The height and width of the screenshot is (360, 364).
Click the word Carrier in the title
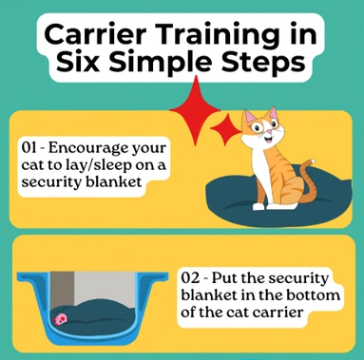(x=94, y=34)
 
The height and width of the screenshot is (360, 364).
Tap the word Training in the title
(x=216, y=36)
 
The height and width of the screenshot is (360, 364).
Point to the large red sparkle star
(x=195, y=110)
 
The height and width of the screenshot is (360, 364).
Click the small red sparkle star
(x=225, y=128)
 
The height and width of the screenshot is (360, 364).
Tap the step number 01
(x=29, y=147)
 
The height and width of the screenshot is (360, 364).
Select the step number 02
(x=190, y=278)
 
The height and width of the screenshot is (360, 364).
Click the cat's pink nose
(x=268, y=131)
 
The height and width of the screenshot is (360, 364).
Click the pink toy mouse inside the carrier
(x=60, y=320)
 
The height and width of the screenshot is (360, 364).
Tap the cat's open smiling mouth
(x=269, y=139)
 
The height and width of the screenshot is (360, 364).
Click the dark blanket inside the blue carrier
(x=95, y=316)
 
